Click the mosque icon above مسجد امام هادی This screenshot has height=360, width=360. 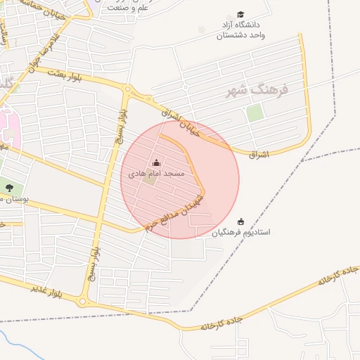pyautogui.click(x=156, y=163)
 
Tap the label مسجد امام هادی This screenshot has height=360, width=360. pyautogui.click(x=156, y=173)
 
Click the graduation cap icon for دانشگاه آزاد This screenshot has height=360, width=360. pyautogui.click(x=241, y=15)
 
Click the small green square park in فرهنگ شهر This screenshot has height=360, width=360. pyautogui.click(x=255, y=112)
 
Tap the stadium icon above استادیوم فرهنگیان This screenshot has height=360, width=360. pyautogui.click(x=241, y=221)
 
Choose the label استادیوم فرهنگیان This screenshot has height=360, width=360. pyautogui.click(x=242, y=231)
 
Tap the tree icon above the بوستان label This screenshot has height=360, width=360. pyautogui.click(x=9, y=187)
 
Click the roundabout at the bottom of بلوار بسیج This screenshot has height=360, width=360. pyautogui.click(x=83, y=302)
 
